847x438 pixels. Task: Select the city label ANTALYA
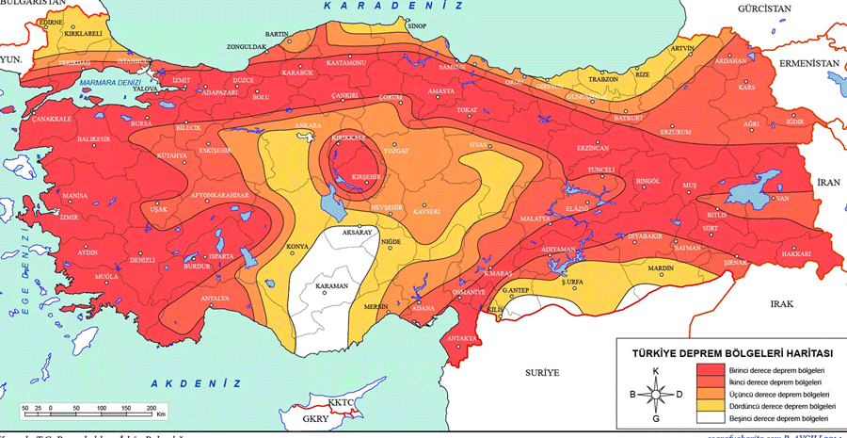(216, 299)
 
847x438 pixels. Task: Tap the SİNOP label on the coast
(417, 26)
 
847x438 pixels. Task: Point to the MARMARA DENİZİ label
(111, 82)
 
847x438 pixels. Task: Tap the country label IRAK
(783, 303)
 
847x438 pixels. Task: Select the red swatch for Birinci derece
(711, 371)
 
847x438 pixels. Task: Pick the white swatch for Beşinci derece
(711, 417)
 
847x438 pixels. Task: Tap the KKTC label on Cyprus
(344, 401)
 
